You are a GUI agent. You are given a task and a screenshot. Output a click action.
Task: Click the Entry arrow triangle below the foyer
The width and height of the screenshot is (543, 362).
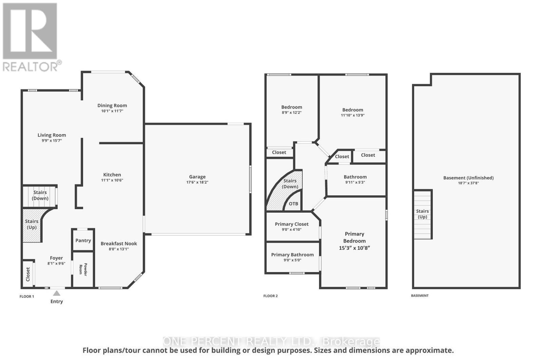(57, 293)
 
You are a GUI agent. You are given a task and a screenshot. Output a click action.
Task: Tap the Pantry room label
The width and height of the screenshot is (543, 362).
(83, 241)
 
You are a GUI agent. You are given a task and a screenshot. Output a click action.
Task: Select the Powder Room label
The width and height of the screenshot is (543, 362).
(83, 269)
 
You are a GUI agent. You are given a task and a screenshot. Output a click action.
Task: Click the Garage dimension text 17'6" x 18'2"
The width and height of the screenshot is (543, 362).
(197, 182)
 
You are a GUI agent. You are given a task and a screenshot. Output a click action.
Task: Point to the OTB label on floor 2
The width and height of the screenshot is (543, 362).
(294, 204)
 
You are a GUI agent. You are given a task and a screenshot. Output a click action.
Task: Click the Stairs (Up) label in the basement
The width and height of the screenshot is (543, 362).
(423, 214)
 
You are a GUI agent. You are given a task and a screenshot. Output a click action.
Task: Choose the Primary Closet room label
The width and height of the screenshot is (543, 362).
(292, 224)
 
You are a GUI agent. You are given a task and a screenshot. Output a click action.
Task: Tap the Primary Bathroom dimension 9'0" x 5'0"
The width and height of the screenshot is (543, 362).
(292, 260)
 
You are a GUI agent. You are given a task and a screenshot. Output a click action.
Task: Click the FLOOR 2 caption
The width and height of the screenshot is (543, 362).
(270, 296)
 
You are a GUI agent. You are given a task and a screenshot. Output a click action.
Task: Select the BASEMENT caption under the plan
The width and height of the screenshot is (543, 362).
(420, 296)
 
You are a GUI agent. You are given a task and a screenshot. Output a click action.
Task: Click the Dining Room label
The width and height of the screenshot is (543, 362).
(112, 106)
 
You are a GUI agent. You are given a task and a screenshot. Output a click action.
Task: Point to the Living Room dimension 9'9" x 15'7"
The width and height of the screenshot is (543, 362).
(52, 140)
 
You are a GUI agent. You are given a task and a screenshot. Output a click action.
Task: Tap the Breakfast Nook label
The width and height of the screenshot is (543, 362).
(119, 244)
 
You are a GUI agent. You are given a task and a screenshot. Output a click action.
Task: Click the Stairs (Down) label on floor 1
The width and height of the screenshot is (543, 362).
(40, 195)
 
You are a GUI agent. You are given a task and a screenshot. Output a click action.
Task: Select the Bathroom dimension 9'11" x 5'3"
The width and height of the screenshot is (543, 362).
(355, 182)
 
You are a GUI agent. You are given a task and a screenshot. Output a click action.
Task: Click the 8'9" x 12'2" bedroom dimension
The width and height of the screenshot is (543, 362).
(292, 113)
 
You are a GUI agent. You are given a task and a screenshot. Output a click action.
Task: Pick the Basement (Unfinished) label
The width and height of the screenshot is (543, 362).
(468, 178)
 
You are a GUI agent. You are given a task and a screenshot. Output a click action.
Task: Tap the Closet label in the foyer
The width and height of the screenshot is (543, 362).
(28, 274)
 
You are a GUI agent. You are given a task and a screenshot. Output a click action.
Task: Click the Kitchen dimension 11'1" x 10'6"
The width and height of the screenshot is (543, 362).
(112, 180)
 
